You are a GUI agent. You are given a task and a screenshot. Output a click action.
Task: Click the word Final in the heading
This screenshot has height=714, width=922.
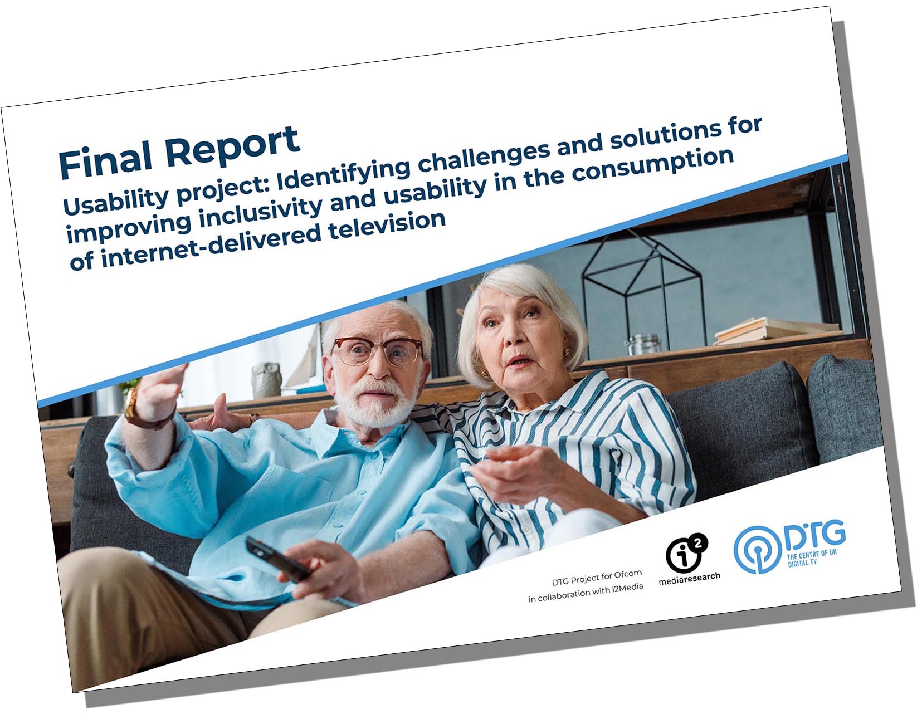(105, 162)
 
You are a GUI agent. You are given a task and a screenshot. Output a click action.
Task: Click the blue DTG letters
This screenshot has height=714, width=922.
(814, 536)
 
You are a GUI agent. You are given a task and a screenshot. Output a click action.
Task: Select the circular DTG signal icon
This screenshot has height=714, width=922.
(758, 550)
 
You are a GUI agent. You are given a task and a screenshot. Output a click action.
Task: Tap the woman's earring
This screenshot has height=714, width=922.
(567, 353)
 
